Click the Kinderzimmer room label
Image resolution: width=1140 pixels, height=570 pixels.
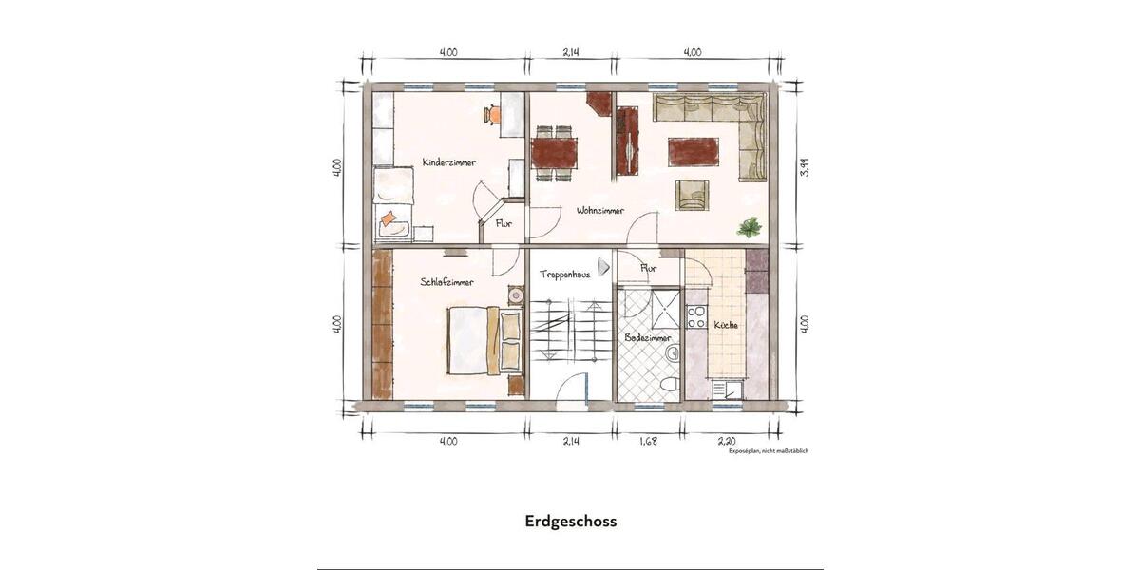(449, 162)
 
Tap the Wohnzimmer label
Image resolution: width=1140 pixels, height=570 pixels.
(600, 211)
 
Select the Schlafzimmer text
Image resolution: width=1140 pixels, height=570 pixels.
(446, 282)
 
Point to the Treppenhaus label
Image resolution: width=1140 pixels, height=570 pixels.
(565, 274)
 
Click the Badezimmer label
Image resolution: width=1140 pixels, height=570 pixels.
(648, 337)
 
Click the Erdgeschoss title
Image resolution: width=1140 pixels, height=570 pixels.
(570, 522)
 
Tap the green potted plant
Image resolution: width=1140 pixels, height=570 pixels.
(750, 226)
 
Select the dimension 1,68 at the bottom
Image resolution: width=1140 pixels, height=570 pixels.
(648, 441)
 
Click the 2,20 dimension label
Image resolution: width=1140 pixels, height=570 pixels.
(727, 441)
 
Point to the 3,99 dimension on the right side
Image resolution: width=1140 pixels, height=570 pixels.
(804, 168)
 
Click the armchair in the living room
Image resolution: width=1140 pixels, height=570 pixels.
(692, 195)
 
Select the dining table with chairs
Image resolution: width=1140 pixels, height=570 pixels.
(555, 153)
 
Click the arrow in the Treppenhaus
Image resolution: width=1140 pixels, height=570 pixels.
(603, 268)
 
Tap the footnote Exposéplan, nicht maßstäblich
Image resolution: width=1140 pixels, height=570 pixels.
(768, 451)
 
